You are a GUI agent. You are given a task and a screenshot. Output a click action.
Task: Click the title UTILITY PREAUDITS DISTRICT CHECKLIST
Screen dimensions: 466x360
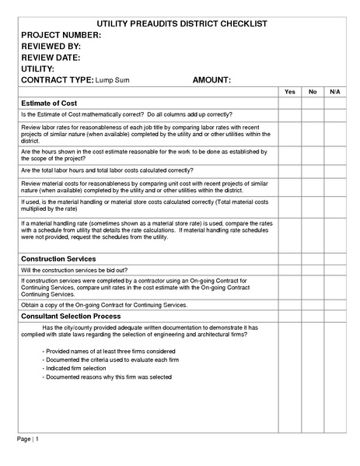click(x=180, y=24)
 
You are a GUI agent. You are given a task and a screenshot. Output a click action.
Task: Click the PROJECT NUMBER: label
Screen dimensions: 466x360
click(x=61, y=36)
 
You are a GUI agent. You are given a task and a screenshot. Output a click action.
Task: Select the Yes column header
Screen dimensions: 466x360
click(x=290, y=92)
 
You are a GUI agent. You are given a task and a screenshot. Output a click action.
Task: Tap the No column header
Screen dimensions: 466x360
click(x=313, y=92)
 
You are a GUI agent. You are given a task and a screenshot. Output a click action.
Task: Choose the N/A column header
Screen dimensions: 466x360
click(x=334, y=92)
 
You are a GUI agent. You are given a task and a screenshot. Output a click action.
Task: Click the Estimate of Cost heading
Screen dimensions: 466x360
click(x=49, y=103)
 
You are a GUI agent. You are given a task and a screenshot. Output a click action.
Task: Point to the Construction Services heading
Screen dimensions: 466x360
click(x=58, y=258)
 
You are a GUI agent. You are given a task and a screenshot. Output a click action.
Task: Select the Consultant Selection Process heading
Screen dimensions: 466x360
click(x=71, y=317)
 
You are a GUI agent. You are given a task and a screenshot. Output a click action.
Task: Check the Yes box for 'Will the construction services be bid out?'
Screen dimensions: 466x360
click(x=290, y=270)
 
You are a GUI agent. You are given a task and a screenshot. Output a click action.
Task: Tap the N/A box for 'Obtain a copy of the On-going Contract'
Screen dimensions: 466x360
click(x=334, y=306)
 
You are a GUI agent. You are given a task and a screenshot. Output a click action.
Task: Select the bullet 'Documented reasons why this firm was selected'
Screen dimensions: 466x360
click(x=107, y=377)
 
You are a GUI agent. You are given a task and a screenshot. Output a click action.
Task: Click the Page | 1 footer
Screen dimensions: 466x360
click(x=28, y=440)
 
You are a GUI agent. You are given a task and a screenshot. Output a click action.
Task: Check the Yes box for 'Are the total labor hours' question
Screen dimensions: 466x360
click(x=290, y=170)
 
